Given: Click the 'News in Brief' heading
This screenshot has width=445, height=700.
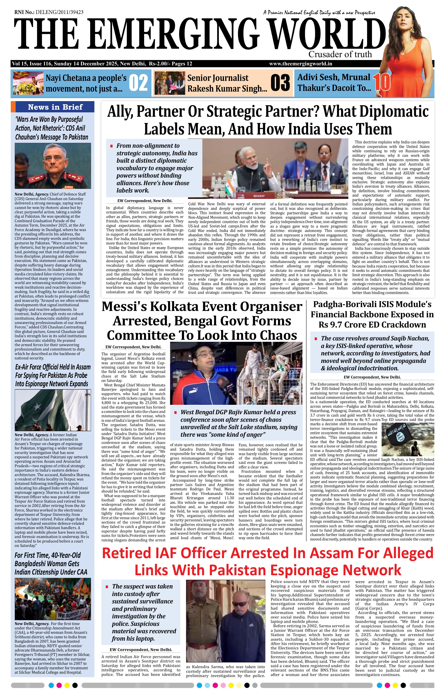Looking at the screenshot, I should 55,107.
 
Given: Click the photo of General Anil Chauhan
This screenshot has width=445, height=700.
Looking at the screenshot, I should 53,166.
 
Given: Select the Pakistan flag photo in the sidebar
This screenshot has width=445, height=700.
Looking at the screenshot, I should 53,410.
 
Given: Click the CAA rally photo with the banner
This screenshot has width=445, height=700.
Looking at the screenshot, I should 53,599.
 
